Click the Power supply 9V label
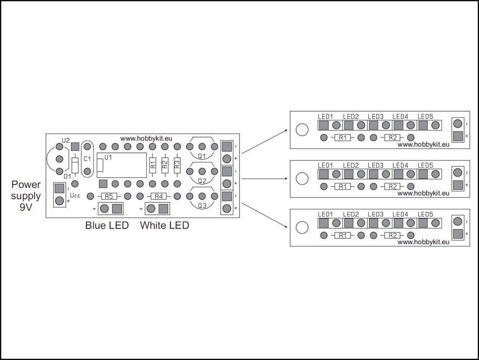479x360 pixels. click(x=26, y=196)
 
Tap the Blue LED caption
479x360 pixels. click(x=107, y=225)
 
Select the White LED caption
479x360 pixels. click(x=164, y=225)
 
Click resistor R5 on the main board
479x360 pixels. click(x=109, y=196)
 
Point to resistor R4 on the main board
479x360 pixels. click(x=159, y=196)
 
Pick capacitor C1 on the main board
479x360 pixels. click(x=87, y=159)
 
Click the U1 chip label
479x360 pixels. click(x=108, y=158)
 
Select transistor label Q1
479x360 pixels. click(x=202, y=156)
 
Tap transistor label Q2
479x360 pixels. click(x=202, y=181)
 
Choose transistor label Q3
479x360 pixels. click(x=202, y=206)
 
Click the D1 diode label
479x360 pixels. click(x=67, y=176)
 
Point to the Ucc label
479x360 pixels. click(x=75, y=195)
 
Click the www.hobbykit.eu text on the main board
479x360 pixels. click(x=146, y=139)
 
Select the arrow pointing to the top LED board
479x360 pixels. click(x=264, y=141)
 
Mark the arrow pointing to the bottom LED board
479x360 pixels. click(x=264, y=215)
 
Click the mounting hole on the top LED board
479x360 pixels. click(x=302, y=129)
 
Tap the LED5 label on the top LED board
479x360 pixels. click(x=425, y=116)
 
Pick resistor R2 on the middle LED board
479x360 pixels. click(x=392, y=186)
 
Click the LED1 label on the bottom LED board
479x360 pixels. click(x=325, y=214)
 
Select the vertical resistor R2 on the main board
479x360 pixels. click(x=165, y=165)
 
